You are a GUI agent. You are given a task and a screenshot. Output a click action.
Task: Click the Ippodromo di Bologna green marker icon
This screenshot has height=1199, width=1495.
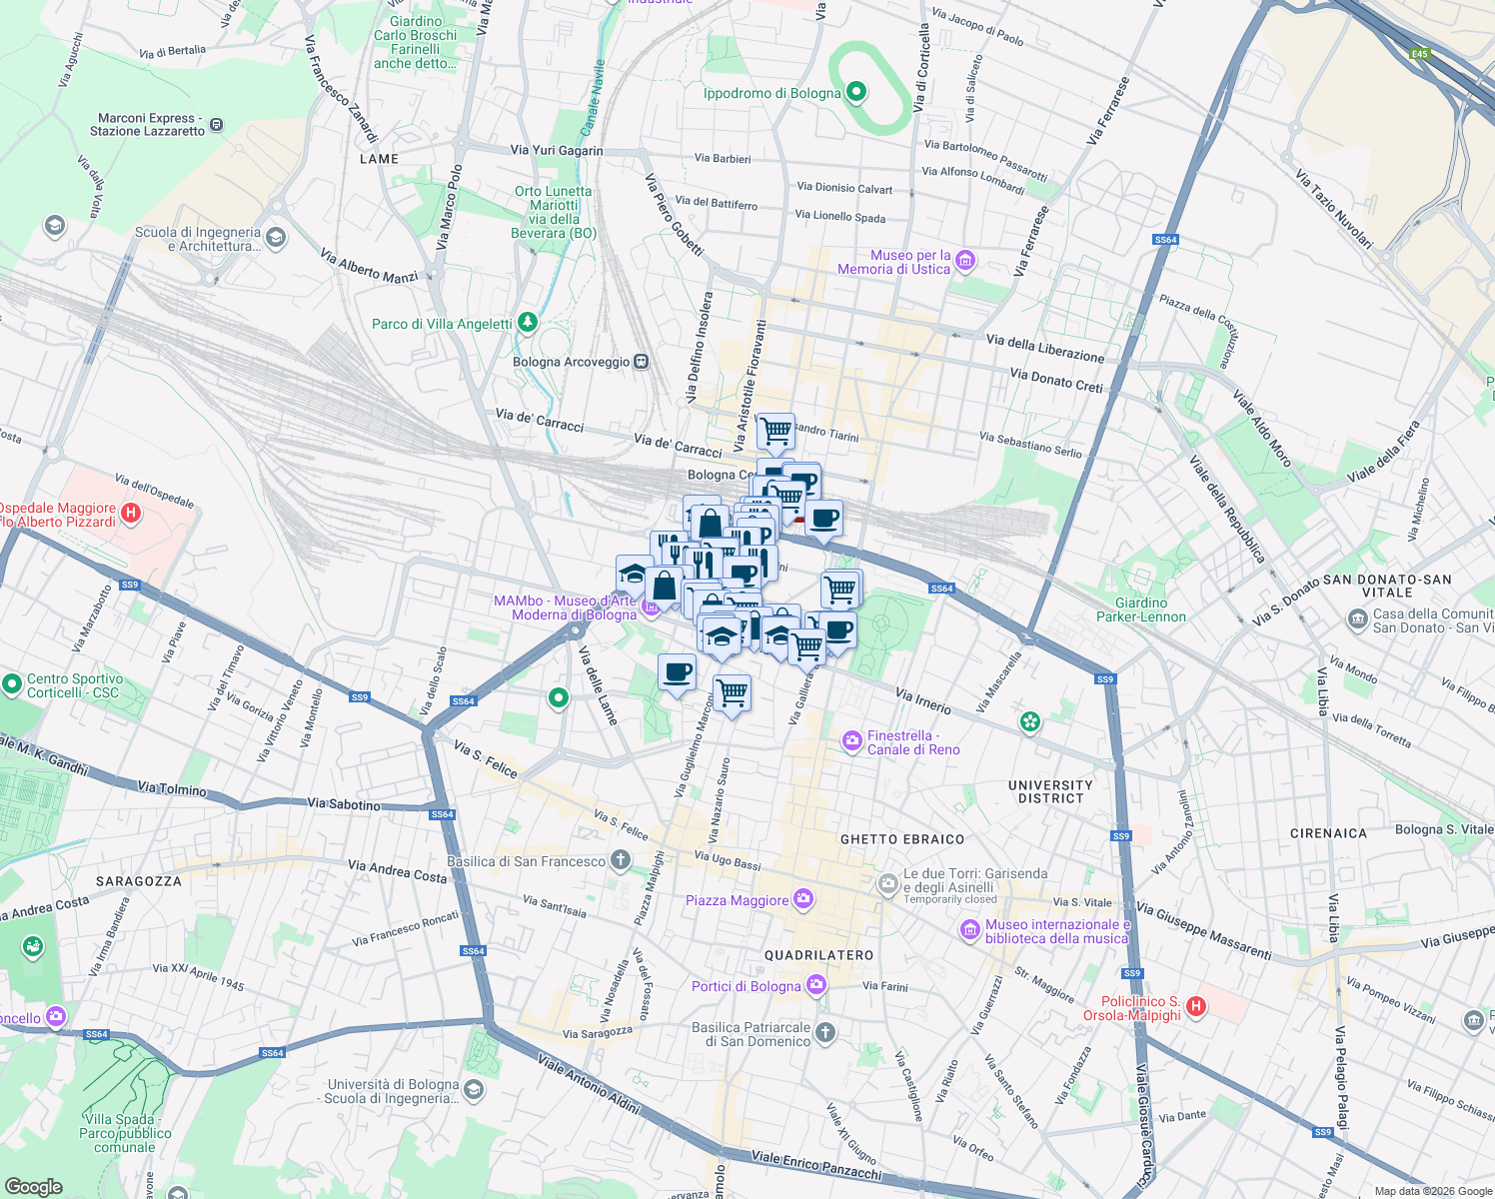click(855, 93)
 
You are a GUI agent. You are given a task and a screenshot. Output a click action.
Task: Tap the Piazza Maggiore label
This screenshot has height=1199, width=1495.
click(738, 901)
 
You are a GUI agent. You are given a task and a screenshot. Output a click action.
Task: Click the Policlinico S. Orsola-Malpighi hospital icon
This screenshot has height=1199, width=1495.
click(1196, 1007)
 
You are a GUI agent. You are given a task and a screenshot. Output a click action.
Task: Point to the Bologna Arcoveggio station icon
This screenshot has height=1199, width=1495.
click(642, 362)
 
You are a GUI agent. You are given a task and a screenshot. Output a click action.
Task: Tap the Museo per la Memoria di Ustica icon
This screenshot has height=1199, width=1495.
click(965, 262)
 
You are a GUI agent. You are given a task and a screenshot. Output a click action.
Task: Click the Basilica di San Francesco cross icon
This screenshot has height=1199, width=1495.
click(621, 860)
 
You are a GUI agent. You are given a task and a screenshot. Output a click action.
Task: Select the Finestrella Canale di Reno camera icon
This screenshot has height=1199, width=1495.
click(852, 740)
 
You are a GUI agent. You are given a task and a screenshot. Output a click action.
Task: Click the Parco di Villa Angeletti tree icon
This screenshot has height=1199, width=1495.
click(528, 323)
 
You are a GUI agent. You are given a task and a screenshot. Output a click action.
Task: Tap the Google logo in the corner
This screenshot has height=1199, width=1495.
click(33, 1186)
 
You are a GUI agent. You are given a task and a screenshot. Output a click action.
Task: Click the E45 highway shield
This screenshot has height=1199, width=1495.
click(1419, 54)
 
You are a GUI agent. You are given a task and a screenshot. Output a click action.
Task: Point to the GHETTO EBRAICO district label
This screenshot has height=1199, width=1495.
click(902, 839)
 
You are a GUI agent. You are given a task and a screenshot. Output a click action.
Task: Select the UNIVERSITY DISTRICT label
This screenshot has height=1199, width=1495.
click(1050, 791)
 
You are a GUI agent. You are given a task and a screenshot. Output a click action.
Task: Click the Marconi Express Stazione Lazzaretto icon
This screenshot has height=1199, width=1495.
click(217, 126)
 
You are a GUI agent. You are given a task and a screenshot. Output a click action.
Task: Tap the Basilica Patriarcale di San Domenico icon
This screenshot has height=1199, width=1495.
click(824, 1032)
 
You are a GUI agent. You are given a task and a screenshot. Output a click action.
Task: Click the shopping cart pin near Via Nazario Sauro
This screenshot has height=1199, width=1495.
click(733, 692)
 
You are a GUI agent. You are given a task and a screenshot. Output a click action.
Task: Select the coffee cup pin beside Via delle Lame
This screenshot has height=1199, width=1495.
click(677, 671)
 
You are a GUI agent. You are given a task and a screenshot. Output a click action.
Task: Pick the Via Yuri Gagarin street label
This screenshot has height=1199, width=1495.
click(557, 151)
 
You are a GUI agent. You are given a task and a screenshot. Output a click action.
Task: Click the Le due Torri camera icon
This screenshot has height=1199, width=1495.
click(887, 883)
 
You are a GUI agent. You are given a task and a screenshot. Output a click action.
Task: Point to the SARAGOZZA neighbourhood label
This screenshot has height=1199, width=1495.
click(139, 881)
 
